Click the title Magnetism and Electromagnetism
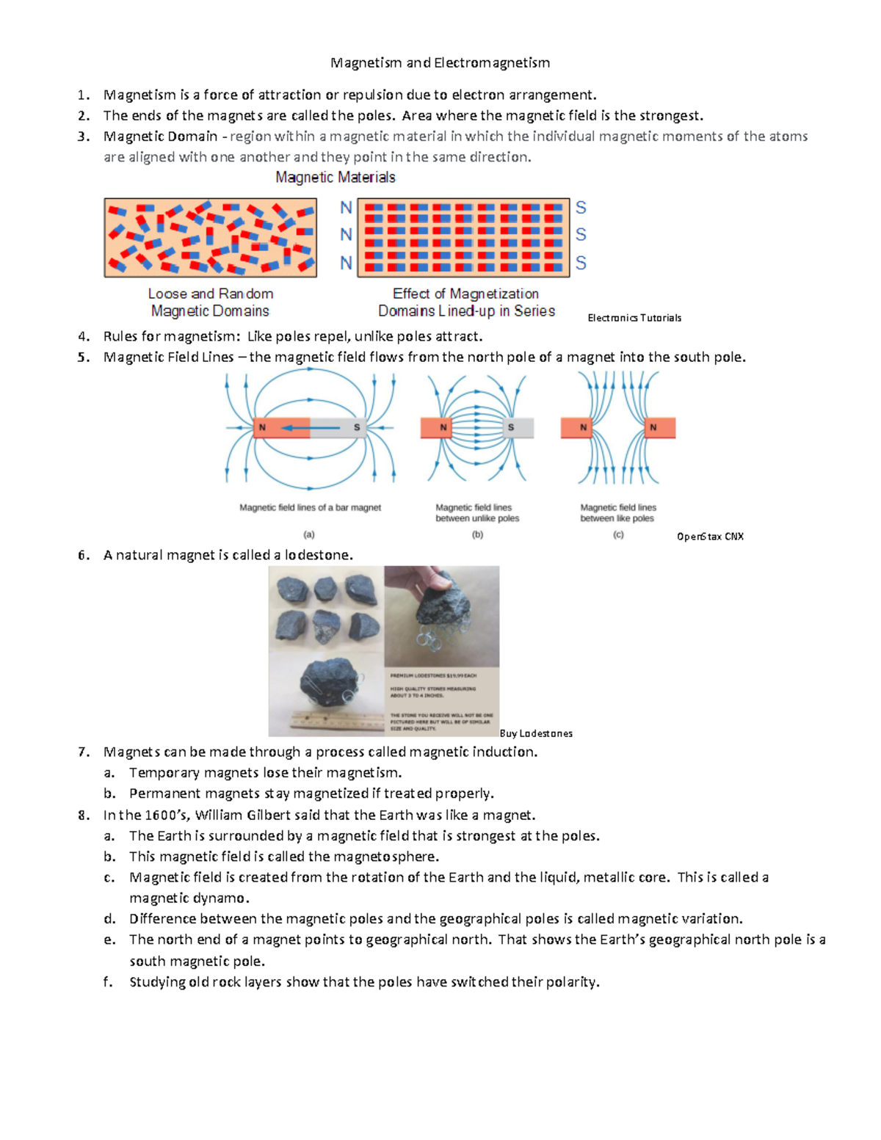click(x=440, y=63)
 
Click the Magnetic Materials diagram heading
click(x=335, y=178)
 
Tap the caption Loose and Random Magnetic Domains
click(x=210, y=302)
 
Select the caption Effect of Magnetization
click(x=465, y=294)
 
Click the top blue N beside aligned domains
click(x=346, y=208)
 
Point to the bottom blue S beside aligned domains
click(x=581, y=263)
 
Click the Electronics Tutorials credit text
click(x=634, y=318)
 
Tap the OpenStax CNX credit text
click(x=710, y=537)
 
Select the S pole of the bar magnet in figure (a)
click(x=357, y=427)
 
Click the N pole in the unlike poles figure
click(x=443, y=427)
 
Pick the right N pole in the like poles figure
click(x=653, y=427)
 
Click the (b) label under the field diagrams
click(x=477, y=535)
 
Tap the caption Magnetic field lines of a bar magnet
click(x=310, y=508)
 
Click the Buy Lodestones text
click(x=536, y=733)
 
